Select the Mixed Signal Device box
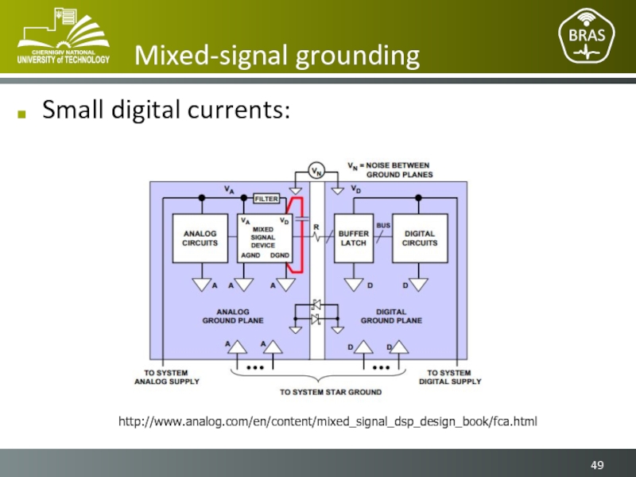click(263, 238)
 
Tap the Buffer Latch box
click(353, 238)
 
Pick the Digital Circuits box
click(420, 238)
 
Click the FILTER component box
click(266, 199)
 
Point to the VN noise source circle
click(316, 171)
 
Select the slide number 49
click(597, 465)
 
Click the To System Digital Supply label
click(450, 377)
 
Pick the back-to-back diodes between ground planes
click(316, 312)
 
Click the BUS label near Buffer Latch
click(383, 225)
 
